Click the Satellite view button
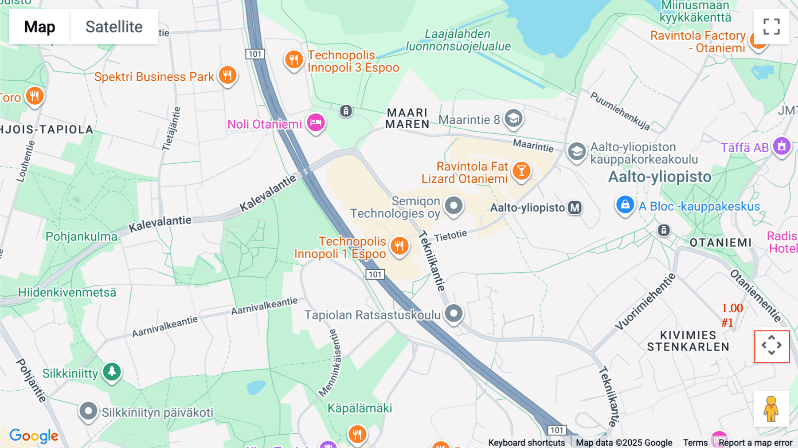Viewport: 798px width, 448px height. point(114,27)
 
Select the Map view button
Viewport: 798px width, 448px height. point(39,27)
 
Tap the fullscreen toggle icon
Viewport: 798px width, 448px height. point(771,27)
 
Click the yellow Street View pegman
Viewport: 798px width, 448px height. point(771,409)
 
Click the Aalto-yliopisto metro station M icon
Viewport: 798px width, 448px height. point(575,208)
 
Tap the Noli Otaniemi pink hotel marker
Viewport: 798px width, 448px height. point(316,122)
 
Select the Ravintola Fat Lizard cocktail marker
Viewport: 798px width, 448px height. point(521,171)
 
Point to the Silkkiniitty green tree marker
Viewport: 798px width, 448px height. point(112,371)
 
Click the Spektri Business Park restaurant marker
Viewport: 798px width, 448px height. point(227,75)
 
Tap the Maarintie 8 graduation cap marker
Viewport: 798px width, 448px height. point(513,118)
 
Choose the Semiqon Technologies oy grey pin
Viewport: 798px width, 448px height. point(454,206)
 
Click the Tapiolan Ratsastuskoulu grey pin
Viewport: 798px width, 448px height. point(454,314)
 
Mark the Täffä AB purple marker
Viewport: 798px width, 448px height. point(782,146)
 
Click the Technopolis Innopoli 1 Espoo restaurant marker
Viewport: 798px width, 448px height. point(399,245)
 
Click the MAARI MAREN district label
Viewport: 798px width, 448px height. point(407,118)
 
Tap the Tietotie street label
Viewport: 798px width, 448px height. point(450,236)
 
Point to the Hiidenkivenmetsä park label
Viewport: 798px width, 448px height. point(67,292)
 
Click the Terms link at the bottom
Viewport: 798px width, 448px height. point(695,442)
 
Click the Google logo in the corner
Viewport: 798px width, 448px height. point(34,436)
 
